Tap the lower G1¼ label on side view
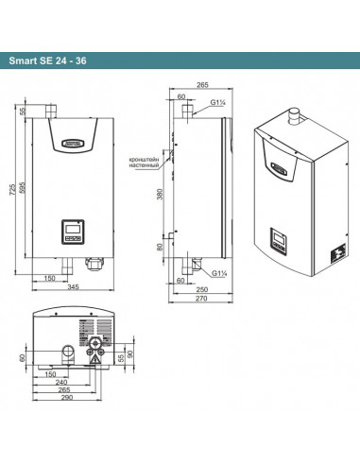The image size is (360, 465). [219, 272]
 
